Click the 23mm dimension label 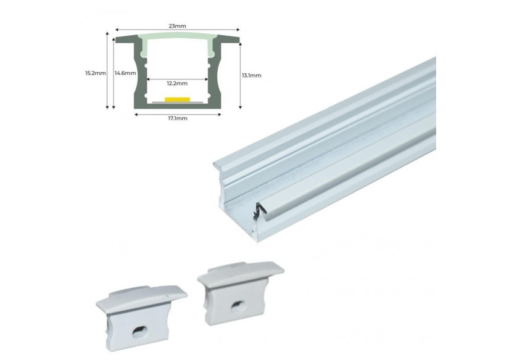pos(177,25)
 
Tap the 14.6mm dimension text pos(125,73)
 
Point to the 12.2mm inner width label pos(177,81)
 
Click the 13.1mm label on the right pos(252,75)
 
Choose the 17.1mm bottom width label pos(177,118)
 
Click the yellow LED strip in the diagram pos(177,99)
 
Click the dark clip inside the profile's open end pos(260,211)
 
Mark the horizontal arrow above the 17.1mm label pos(177,113)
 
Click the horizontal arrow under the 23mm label pos(177,30)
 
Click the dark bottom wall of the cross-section pos(177,105)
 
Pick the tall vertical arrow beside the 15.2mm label pos(110,72)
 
